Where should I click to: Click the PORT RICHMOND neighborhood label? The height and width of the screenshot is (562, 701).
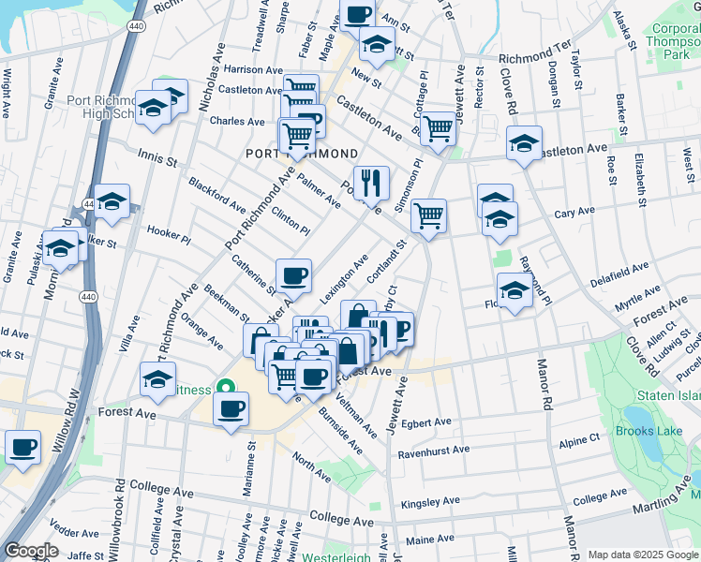302,154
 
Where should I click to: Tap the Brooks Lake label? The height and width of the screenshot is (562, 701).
647,431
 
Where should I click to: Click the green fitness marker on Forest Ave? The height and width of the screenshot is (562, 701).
225,387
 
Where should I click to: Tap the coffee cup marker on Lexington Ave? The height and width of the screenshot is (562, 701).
293,275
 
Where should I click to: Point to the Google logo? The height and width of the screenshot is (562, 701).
31,551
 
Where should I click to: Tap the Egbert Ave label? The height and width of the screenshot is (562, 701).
427,422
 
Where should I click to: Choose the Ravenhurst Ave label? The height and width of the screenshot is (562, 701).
433,450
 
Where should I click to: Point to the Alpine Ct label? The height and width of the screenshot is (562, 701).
578,438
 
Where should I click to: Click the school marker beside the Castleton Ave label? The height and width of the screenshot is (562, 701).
525,143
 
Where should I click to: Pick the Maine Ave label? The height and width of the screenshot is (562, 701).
430,539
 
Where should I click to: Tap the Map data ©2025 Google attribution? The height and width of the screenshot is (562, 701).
643,555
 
